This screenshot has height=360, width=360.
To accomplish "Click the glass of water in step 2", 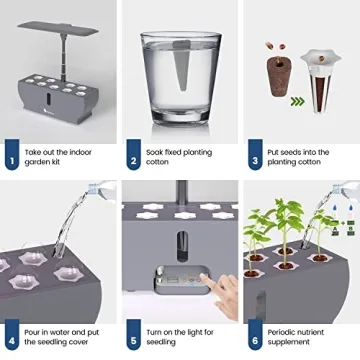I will pos(181,75).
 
